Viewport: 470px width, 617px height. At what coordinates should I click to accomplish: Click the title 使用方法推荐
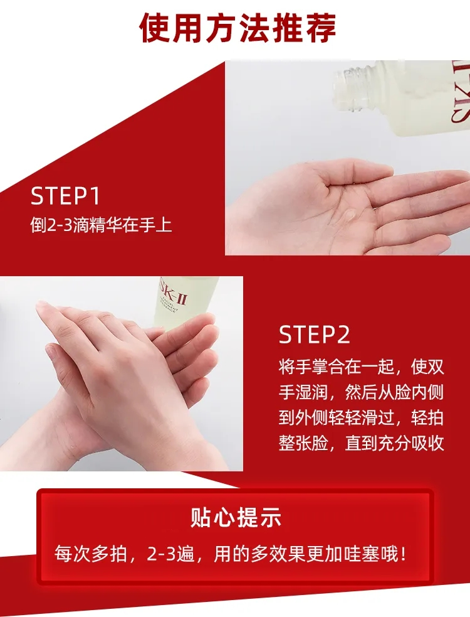tap(238, 28)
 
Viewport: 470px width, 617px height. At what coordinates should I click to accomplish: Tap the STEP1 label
tap(65, 196)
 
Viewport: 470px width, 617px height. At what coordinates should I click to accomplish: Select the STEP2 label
tap(314, 335)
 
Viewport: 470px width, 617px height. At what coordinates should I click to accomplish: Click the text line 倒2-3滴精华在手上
tap(101, 225)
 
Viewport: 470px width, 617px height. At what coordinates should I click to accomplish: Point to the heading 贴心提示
tap(236, 517)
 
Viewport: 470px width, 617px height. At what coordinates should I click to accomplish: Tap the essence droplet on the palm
tap(348, 215)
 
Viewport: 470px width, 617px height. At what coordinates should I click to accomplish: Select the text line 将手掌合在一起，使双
tap(361, 367)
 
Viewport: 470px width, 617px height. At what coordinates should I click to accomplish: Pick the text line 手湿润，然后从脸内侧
tap(361, 392)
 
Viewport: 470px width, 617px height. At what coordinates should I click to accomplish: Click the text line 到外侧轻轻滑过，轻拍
tap(361, 418)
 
